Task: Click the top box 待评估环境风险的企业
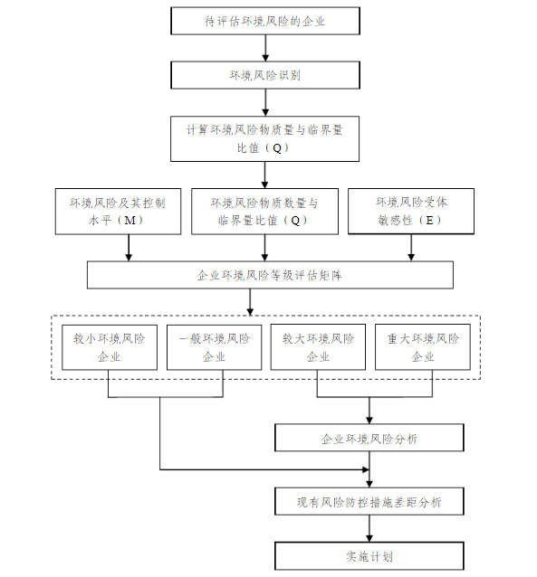pos(265,21)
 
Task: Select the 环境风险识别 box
pos(265,75)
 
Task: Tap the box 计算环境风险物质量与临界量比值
pos(264,138)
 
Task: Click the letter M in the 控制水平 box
pos(129,221)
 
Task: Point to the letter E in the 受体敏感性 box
pos(429,220)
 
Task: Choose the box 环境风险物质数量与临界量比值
pos(264,212)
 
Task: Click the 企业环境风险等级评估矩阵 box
pos(270,275)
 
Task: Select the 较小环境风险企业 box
pos(110,347)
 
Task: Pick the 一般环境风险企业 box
pos(214,347)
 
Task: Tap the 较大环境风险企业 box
pos(318,347)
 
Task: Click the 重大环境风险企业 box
pos(423,347)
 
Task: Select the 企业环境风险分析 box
pos(369,438)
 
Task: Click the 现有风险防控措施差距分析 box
pos(369,501)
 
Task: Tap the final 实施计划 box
pos(369,555)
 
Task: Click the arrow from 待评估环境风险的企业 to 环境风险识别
pos(265,48)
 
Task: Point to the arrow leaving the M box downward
pos(129,248)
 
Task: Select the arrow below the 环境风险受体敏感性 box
pos(411,247)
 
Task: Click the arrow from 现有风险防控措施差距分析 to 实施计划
pos(369,528)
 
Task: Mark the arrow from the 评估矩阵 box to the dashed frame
pos(250,302)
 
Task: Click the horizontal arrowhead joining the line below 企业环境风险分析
pos(366,469)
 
